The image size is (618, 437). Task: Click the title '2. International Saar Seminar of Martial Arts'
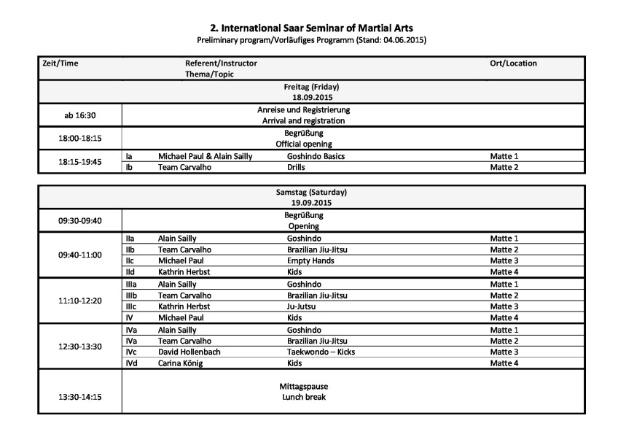point(310,28)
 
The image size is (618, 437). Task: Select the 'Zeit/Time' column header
point(60,63)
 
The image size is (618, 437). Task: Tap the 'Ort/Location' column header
point(513,63)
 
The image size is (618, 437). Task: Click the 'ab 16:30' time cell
point(80,115)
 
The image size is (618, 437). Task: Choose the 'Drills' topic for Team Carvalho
point(297,167)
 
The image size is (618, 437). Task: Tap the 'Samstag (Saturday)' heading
point(311,193)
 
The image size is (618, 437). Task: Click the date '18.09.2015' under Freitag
point(311,97)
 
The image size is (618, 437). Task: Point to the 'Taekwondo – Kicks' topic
point(321,352)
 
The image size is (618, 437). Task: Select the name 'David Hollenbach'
point(189,352)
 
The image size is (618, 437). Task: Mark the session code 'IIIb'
point(132,295)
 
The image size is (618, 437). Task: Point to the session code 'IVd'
point(132,363)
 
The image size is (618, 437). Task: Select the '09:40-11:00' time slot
point(80,255)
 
